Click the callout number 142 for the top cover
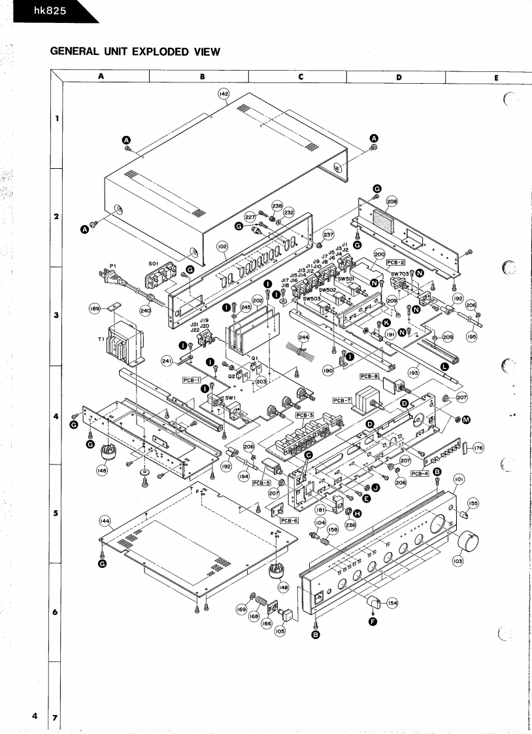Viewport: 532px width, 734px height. tap(224, 94)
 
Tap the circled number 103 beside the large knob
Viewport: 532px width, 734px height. tap(457, 561)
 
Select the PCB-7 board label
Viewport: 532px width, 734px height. tap(342, 400)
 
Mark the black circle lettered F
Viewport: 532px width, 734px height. tap(373, 621)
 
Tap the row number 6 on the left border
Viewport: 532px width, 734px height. tap(56, 612)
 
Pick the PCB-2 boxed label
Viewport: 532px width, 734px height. tap(397, 261)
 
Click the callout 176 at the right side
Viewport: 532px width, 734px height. tap(478, 448)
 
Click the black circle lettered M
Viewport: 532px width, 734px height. tap(466, 419)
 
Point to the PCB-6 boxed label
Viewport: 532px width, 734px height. tap(289, 520)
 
